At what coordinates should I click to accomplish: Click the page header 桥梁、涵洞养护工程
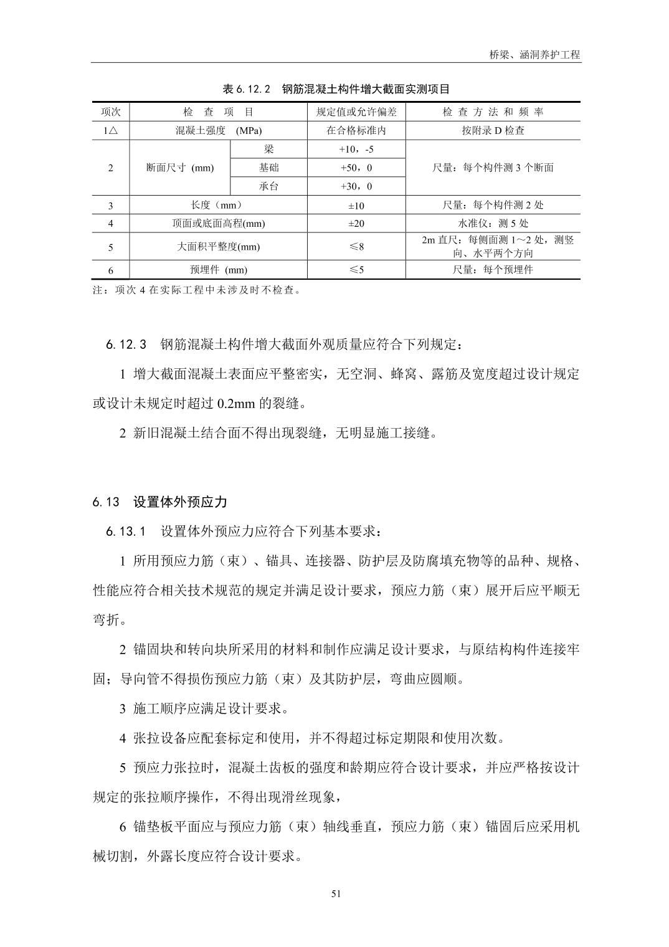tap(534, 54)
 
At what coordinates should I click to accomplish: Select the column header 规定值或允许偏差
tap(356, 112)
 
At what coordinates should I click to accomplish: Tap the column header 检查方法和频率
tap(493, 112)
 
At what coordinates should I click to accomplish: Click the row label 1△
tap(111, 131)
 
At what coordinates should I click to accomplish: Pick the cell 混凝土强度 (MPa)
tap(219, 131)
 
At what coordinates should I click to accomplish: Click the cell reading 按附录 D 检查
tap(493, 131)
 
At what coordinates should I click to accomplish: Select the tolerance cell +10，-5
tap(356, 150)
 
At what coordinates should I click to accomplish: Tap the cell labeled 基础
tap(268, 168)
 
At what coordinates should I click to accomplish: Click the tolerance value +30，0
tap(356, 186)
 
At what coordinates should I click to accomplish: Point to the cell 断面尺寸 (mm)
tap(180, 168)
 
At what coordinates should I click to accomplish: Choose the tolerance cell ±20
tap(356, 224)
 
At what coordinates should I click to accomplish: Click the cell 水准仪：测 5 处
tap(493, 224)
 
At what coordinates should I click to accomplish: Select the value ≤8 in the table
tap(356, 247)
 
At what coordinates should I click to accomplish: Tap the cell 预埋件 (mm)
tap(219, 270)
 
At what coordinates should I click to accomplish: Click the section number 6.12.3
tap(126, 345)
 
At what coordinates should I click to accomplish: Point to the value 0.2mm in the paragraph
tap(237, 404)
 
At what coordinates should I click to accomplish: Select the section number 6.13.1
tap(126, 531)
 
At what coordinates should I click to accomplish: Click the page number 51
tap(336, 893)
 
